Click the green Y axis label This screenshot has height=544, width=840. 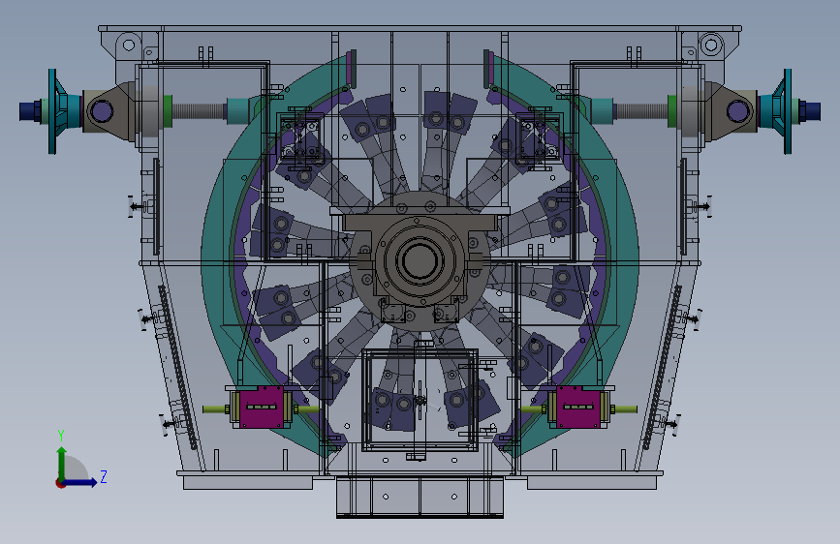click(x=61, y=436)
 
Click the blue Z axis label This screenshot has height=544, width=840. click(x=104, y=476)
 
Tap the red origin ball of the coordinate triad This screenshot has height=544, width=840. click(x=60, y=483)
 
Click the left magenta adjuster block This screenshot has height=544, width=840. click(x=261, y=407)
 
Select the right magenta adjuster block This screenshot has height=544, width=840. click(x=578, y=407)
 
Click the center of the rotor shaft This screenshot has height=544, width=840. click(x=420, y=260)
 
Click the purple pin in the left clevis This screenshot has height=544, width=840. click(x=101, y=111)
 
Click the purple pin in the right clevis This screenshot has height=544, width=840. click(x=737, y=111)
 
